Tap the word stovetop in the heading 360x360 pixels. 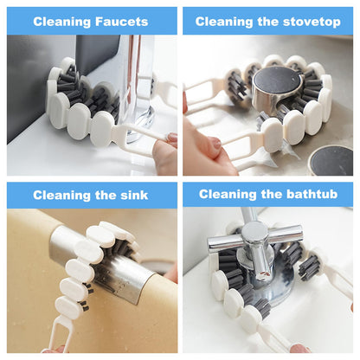click(306, 22)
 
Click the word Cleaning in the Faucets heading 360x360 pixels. click(60, 22)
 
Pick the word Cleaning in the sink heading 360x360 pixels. click(63, 196)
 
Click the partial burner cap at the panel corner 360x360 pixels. click(333, 160)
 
